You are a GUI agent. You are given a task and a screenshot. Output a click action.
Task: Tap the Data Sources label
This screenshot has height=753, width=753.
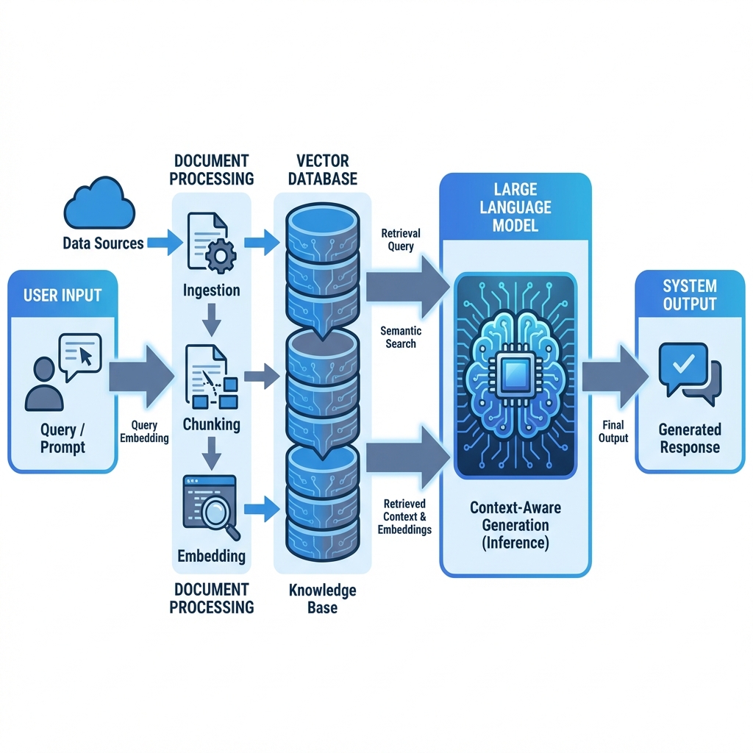(103, 243)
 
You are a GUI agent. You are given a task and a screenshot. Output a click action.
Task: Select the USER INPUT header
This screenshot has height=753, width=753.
(63, 296)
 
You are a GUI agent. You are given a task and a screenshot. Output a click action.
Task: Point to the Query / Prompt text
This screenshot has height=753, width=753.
(63, 438)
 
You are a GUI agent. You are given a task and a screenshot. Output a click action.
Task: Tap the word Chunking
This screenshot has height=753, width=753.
(211, 424)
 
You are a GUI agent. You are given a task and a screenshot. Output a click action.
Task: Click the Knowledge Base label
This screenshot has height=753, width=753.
(322, 599)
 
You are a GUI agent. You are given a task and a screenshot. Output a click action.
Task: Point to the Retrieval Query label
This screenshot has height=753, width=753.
(402, 240)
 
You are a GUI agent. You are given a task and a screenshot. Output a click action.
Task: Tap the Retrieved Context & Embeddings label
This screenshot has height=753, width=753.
(404, 516)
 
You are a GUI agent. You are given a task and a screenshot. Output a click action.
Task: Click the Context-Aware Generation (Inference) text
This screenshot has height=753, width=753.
(515, 525)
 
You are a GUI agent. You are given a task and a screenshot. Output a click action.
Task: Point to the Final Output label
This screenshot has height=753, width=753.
(613, 432)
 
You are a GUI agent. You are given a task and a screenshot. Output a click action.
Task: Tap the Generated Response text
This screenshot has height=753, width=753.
(689, 438)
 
